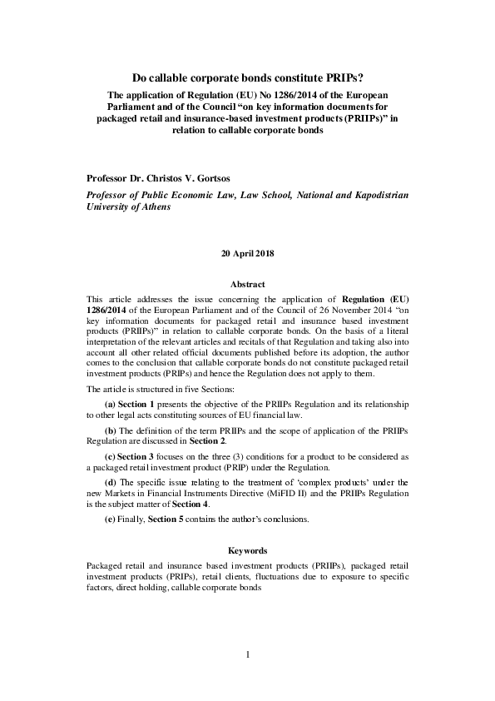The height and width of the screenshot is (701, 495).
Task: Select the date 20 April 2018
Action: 247,252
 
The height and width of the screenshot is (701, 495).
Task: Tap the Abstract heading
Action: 247,284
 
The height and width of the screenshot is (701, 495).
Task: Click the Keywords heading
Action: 247,550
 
